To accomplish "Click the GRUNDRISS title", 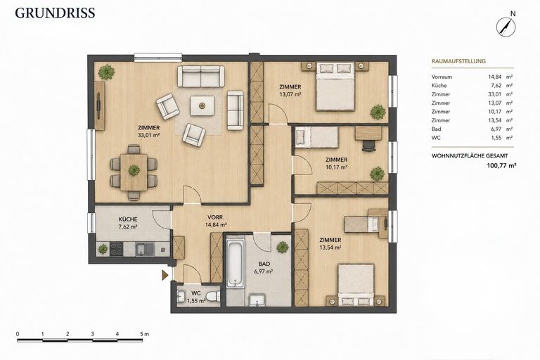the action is coord(55,13).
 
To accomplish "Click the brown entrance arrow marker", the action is coord(165,274).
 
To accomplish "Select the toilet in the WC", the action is coord(212,296).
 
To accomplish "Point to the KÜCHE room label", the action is coord(128,219).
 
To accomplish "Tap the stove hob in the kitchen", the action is coord(117,249).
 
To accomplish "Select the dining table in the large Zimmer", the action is coord(134,172).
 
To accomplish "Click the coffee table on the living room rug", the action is coord(202,105).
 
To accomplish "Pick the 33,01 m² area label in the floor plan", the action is coord(148,136).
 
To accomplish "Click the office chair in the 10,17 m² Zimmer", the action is coord(368,146).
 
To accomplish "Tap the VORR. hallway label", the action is coord(216,217).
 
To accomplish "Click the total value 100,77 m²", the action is coord(501,165).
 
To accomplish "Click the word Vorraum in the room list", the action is coord(442,77).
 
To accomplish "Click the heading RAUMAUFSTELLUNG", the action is coord(458,61).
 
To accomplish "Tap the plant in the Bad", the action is coord(283,247).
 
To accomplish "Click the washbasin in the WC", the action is coord(181,296).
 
